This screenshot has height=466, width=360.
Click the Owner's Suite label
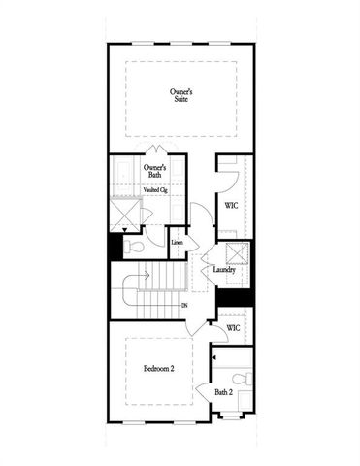click(x=181, y=93)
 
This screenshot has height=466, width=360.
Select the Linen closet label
click(x=177, y=242)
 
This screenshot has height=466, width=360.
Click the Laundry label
click(x=224, y=271)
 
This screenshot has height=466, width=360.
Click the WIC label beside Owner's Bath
click(x=232, y=206)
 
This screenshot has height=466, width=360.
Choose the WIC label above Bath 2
click(x=233, y=328)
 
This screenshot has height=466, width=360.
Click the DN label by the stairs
click(x=184, y=306)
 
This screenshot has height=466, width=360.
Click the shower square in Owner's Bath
click(x=124, y=213)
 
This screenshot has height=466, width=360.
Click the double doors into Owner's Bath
click(x=156, y=150)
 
